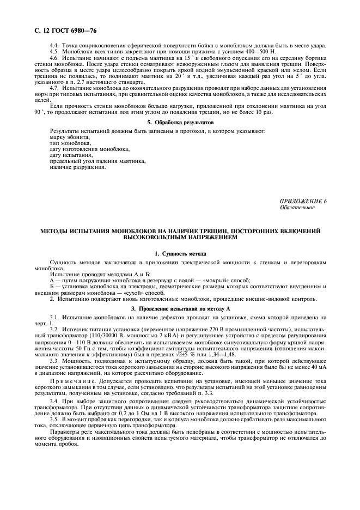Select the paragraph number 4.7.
54,88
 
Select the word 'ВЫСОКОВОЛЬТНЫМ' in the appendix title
156,238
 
